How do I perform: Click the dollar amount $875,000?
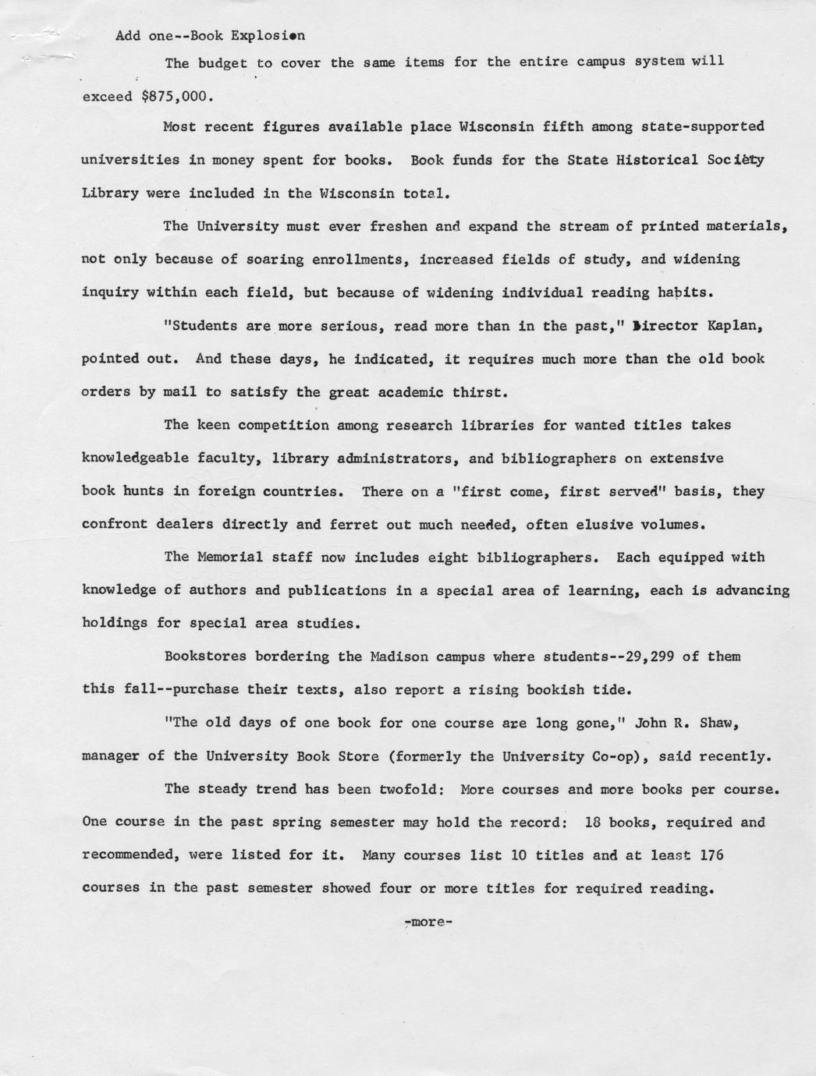click(177, 97)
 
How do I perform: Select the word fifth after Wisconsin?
click(562, 126)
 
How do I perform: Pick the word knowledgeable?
click(135, 458)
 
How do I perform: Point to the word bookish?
click(558, 690)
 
